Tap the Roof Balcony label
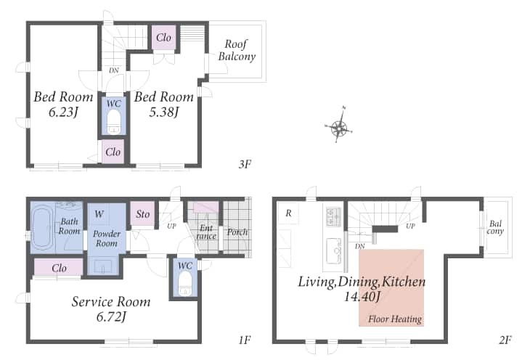tap(236, 50)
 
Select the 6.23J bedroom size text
tap(64, 112)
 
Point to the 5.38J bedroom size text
tap(163, 112)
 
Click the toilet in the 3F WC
tap(113, 122)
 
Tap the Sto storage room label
tap(142, 214)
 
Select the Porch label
tap(237, 232)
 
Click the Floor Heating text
tap(395, 319)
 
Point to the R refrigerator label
tap(288, 213)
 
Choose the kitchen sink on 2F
tap(335, 250)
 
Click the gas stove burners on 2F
tap(333, 216)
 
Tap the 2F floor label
tap(505, 340)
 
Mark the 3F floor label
tap(245, 164)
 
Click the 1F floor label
tap(245, 340)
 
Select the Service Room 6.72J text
tap(111, 308)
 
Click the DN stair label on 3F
tap(114, 70)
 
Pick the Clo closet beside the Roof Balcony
tap(163, 38)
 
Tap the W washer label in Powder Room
tap(99, 213)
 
